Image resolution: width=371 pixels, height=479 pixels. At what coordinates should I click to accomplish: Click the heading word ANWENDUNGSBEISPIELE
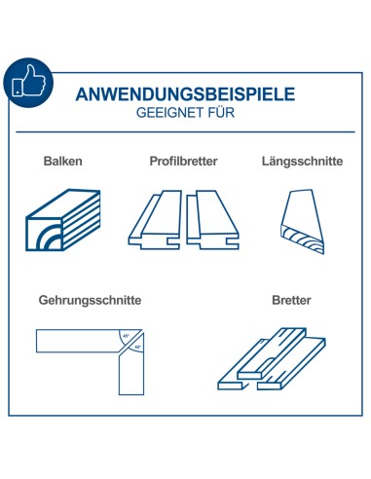(186, 95)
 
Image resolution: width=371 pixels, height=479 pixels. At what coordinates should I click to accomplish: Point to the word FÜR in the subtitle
(220, 113)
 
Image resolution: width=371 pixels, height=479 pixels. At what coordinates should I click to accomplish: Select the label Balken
(62, 161)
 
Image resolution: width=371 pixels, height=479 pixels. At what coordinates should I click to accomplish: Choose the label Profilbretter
(184, 161)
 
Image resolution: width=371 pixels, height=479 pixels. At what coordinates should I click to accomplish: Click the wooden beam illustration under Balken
(64, 219)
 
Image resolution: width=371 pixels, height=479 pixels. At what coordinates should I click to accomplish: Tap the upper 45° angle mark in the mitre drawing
(126, 337)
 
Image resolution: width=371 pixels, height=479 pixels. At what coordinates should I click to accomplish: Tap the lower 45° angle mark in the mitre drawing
(137, 348)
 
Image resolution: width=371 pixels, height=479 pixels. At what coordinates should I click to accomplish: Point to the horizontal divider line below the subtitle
(186, 131)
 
